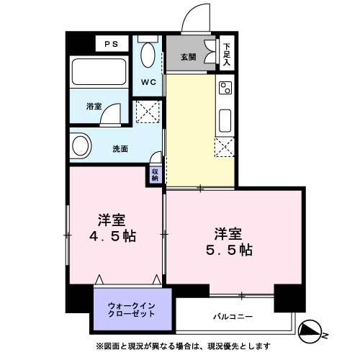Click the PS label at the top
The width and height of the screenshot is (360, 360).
tap(111, 44)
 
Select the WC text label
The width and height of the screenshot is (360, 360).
tap(148, 82)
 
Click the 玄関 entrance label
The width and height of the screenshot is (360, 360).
tap(189, 56)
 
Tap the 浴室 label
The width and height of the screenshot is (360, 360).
tap(94, 107)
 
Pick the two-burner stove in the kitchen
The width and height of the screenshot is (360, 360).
tap(225, 89)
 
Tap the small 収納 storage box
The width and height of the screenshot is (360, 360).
tap(155, 174)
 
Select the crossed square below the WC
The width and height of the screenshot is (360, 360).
tap(148, 112)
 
